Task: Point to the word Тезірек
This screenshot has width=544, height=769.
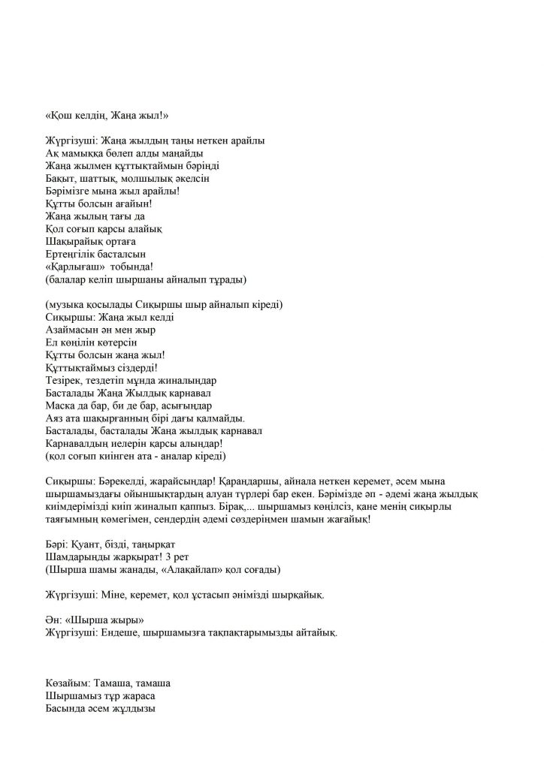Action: pyautogui.click(x=65, y=381)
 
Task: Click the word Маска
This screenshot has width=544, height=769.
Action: pyautogui.click(x=61, y=406)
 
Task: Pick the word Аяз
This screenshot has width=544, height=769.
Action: pyautogui.click(x=55, y=418)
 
